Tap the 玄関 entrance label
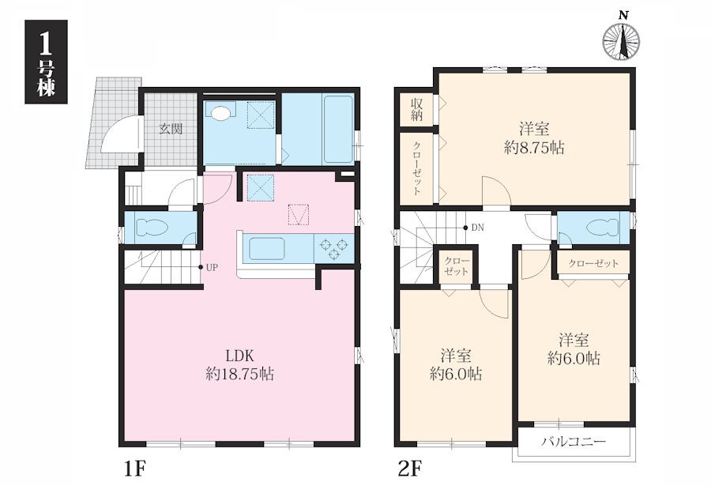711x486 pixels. tap(171, 129)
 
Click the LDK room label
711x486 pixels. tap(239, 354)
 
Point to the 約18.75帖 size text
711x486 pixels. tap(239, 374)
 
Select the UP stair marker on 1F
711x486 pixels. tap(211, 267)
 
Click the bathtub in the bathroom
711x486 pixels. tap(339, 130)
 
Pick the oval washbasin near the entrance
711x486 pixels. tap(221, 113)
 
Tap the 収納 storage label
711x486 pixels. tap(416, 109)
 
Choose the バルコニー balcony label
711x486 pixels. tap(574, 442)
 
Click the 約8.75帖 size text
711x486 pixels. tap(534, 148)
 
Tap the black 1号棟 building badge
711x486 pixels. tap(47, 62)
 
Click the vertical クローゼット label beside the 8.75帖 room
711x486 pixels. tap(416, 168)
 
